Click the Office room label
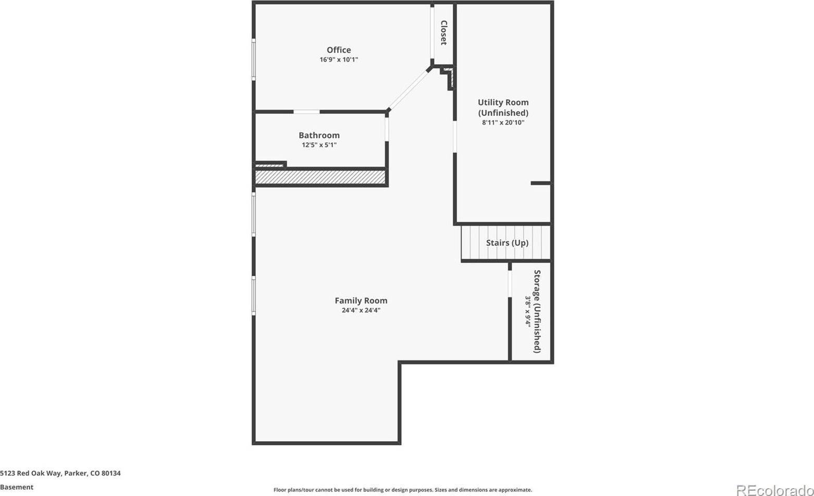pos(339,50)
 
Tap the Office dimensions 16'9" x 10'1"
pos(339,60)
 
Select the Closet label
pos(444,33)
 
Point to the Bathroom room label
pos(319,136)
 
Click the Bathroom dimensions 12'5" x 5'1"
pos(319,145)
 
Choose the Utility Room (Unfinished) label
pos(503,107)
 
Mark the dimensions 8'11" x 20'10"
pos(503,123)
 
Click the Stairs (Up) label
pos(507,243)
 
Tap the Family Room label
pos(361,300)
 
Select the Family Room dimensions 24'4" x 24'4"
pos(361,310)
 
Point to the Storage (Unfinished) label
pos(537,311)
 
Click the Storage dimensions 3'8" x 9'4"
pos(527,311)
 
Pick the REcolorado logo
pos(774,490)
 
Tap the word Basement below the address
pos(17,487)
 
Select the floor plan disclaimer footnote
pos(402,490)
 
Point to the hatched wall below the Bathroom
pos(320,177)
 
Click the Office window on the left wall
pos(254,59)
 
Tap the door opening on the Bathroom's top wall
pos(306,112)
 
